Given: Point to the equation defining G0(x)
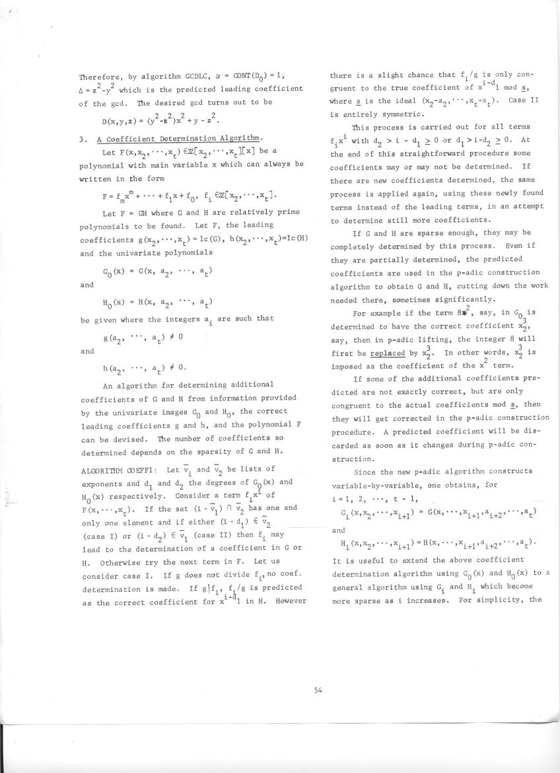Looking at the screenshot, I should tap(157, 272).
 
